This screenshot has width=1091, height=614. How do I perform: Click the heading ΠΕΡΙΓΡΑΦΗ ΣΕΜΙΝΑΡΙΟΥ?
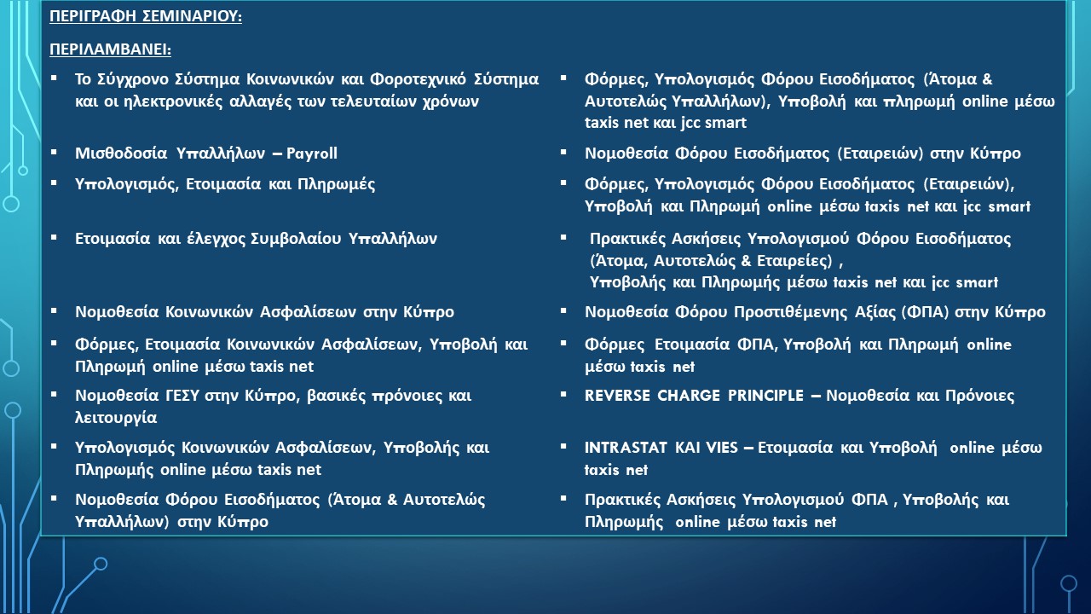click(x=146, y=16)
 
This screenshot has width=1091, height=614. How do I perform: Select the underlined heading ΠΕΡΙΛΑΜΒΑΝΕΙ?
click(x=111, y=49)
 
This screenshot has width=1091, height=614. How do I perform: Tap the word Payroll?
click(x=312, y=153)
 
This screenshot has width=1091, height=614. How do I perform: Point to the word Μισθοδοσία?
click(x=121, y=153)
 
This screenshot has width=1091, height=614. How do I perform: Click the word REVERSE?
click(x=617, y=395)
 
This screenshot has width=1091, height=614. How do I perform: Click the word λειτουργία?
click(x=116, y=418)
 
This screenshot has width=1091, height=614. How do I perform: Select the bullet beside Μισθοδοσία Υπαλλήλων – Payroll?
click(x=54, y=153)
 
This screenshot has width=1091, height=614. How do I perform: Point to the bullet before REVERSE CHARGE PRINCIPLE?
click(x=563, y=394)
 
